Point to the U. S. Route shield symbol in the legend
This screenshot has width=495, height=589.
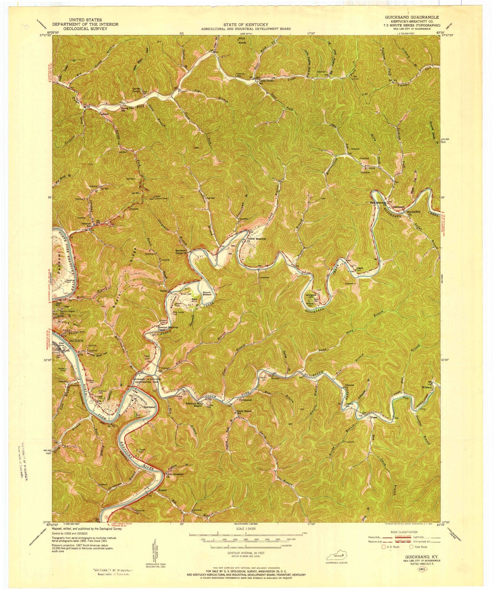(384, 547)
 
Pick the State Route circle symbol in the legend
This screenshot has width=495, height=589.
(410, 547)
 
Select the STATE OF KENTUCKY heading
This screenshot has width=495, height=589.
(246, 25)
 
